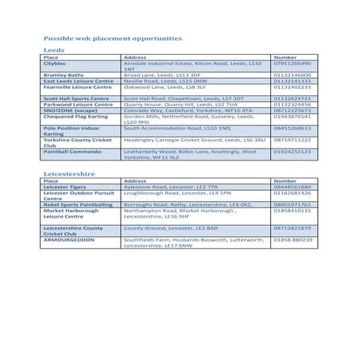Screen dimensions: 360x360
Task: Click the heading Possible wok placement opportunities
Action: (106, 38)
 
